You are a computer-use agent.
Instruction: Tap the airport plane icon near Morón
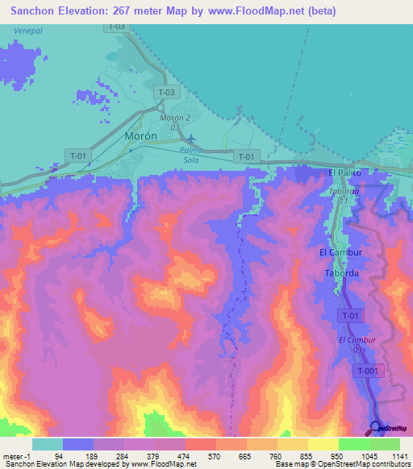pyautogui.click(x=190, y=138)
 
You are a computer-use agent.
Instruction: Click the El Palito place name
pyautogui.click(x=344, y=173)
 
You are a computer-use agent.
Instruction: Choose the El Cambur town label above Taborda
pyautogui.click(x=339, y=253)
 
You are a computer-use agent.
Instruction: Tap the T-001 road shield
pyautogui.click(x=368, y=370)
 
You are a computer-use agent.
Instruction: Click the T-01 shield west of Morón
pyautogui.click(x=79, y=156)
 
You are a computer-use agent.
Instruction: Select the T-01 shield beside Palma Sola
pyautogui.click(x=247, y=156)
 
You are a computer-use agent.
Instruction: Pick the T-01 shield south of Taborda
pyautogui.click(x=350, y=317)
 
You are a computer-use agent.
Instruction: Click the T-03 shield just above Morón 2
pyautogui.click(x=165, y=93)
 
